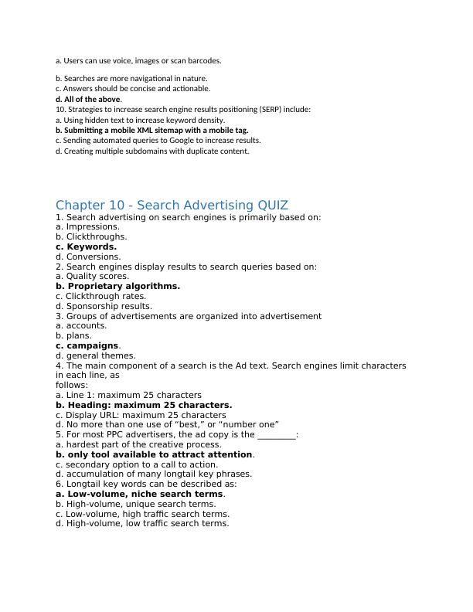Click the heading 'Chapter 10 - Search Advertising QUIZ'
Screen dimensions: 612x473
[172, 205]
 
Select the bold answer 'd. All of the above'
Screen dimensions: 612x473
[88, 100]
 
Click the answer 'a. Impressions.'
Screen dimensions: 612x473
[87, 227]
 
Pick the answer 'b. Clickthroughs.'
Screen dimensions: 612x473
[91, 237]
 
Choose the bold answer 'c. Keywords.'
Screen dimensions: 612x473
[86, 247]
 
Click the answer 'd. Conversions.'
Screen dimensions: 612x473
[88, 257]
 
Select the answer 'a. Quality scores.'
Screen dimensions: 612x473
[92, 276]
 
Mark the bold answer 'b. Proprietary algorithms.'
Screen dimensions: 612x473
[117, 286]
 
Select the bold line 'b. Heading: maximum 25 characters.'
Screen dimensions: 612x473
[144, 405]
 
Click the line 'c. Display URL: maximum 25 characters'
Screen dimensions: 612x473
[141, 415]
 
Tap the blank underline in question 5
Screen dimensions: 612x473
[276, 435]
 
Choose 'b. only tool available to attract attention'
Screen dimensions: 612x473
[154, 454]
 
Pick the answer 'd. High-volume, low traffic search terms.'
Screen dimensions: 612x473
[142, 523]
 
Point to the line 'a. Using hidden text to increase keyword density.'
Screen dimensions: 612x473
[140, 121]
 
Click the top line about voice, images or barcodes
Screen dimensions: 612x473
[138, 60]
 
